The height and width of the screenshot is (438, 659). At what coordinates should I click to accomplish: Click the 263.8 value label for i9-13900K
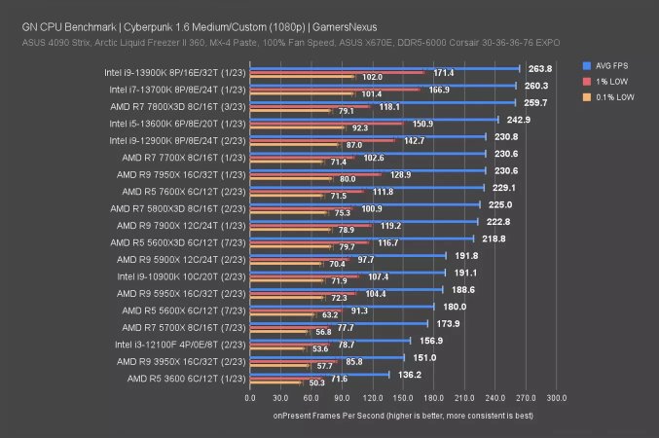[x=538, y=69]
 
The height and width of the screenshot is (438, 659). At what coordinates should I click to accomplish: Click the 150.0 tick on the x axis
[x=404, y=398]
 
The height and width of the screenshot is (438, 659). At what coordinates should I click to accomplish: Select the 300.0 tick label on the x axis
[x=557, y=398]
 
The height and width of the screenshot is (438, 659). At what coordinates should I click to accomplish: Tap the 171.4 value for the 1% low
[x=443, y=73]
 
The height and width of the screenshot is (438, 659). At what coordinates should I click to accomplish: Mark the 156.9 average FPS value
[x=429, y=340]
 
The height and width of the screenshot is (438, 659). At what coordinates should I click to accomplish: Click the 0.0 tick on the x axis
[x=251, y=398]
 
